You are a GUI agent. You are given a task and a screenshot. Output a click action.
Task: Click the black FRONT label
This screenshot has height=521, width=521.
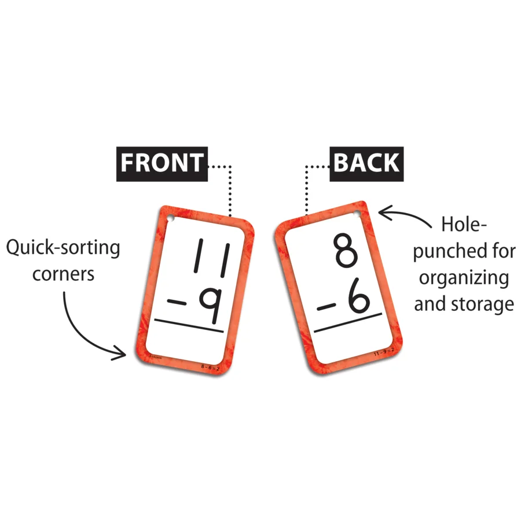pos(162,163)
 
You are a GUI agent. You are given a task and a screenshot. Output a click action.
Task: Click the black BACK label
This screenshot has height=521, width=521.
pos(366,163)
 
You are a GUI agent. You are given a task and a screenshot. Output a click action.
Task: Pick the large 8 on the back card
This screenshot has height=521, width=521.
pos(347,250)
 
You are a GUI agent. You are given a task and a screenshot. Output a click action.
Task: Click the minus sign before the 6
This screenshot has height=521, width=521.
pos(327,307)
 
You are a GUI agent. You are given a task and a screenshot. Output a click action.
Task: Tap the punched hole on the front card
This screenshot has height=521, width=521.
pos(171,219)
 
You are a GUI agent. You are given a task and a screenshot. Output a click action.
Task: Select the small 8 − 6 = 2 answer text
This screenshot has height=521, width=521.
pos(211,366)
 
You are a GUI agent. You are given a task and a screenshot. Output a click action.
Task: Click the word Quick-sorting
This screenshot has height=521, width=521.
pos(63,248)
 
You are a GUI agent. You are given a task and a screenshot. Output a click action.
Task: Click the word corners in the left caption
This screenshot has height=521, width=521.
pos(63,273)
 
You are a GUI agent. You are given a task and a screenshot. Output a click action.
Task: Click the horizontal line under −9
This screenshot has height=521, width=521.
pos(189,328)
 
